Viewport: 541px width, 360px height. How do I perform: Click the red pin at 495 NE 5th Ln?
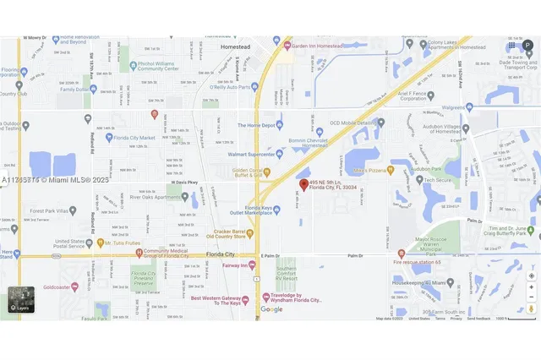tap(303, 185)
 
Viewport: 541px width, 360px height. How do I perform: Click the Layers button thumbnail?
tap(22, 301)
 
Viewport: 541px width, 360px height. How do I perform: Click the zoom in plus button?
tap(530, 286)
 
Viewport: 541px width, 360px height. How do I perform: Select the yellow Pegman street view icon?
tap(530, 309)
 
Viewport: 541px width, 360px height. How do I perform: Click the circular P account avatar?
tap(528, 45)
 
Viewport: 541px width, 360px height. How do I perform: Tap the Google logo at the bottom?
tap(271, 309)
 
